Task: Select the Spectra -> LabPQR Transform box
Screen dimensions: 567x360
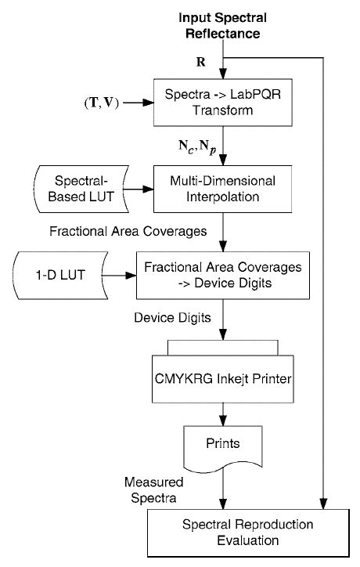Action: coord(225,102)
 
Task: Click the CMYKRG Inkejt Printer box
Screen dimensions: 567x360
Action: coord(225,378)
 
